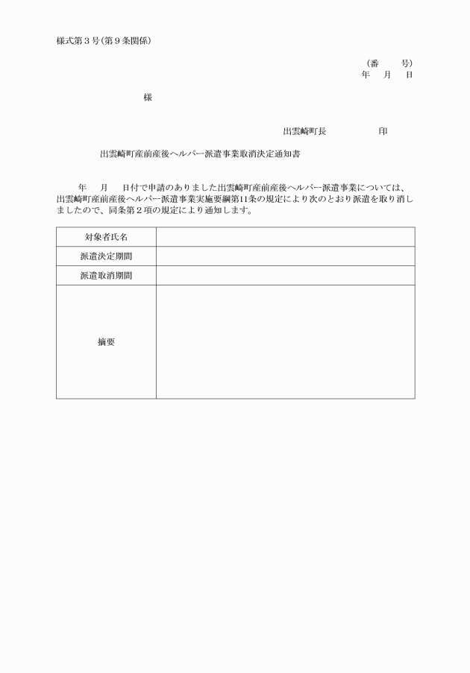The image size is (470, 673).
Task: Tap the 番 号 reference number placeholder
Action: [389, 64]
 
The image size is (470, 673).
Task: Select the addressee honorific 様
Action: [148, 98]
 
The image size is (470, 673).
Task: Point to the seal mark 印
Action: [383, 131]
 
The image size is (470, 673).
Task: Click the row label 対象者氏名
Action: [106, 237]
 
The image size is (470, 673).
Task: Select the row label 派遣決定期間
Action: [106, 256]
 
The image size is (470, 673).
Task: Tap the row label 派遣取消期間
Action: [106, 276]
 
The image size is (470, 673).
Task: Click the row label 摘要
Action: [106, 342]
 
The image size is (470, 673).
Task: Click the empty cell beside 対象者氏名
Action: [285, 237]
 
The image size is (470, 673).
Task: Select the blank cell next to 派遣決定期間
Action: [285, 256]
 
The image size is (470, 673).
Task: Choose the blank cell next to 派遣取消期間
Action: [285, 276]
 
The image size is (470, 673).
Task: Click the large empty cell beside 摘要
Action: [285, 342]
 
